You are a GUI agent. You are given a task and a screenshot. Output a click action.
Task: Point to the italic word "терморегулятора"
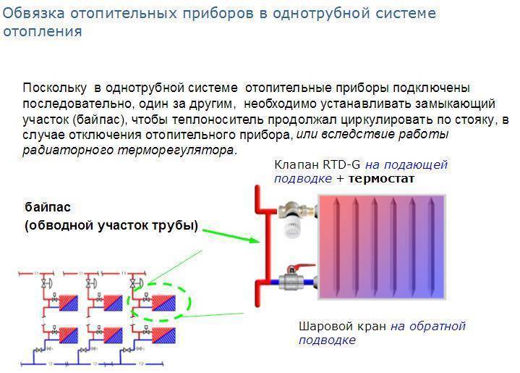pyautogui.click(x=187, y=150)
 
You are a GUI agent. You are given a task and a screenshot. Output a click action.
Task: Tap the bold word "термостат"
pyautogui.click(x=381, y=178)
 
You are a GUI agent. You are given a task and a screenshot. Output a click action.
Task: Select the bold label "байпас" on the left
pyautogui.click(x=47, y=207)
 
